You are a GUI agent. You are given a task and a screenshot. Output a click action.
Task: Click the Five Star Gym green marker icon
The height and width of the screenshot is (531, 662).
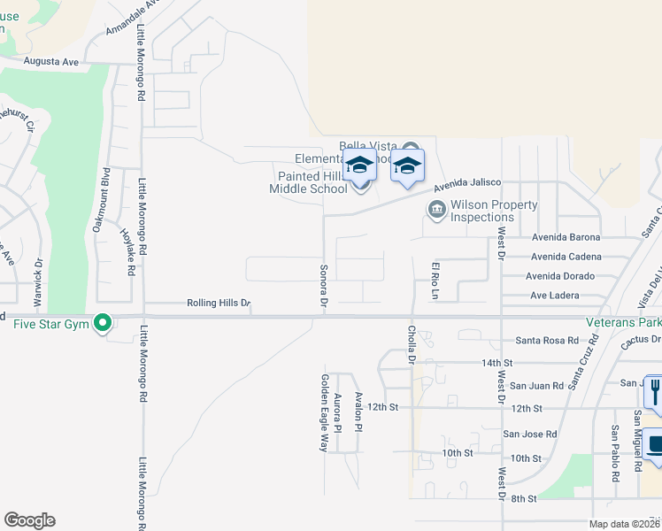(103, 323)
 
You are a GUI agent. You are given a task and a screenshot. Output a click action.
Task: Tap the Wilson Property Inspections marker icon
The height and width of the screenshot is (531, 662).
(436, 210)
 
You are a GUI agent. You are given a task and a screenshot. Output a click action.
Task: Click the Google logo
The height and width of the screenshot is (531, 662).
(29, 520)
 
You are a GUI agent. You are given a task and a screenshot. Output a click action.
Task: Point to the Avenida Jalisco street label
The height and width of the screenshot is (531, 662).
(467, 185)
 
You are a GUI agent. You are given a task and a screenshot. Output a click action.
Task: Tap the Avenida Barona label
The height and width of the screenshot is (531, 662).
(566, 237)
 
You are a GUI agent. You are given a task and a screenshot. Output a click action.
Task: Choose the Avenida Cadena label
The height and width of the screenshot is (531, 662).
(566, 257)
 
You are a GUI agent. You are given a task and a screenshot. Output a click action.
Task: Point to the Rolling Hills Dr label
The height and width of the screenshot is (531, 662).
(217, 303)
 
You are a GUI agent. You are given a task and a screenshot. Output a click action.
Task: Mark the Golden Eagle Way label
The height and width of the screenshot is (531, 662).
(323, 412)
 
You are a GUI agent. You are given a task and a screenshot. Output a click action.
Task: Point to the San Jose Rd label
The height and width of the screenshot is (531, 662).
(529, 435)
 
